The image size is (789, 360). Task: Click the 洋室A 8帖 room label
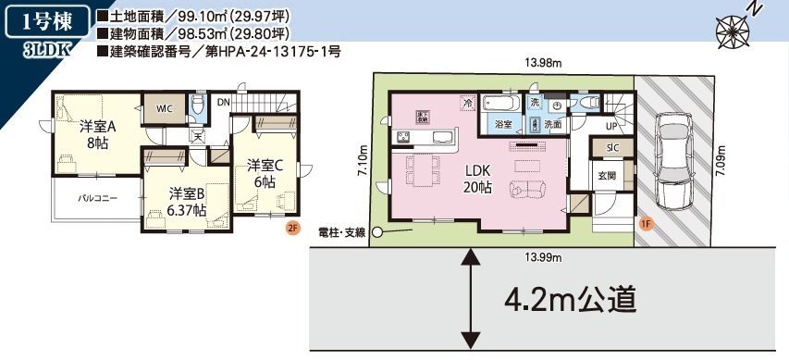97,134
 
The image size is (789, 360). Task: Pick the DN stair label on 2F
223,102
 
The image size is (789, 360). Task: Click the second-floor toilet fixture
196,105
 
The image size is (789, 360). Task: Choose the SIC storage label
612,146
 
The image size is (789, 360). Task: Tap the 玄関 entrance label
606,175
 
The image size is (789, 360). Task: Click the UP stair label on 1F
611,126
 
